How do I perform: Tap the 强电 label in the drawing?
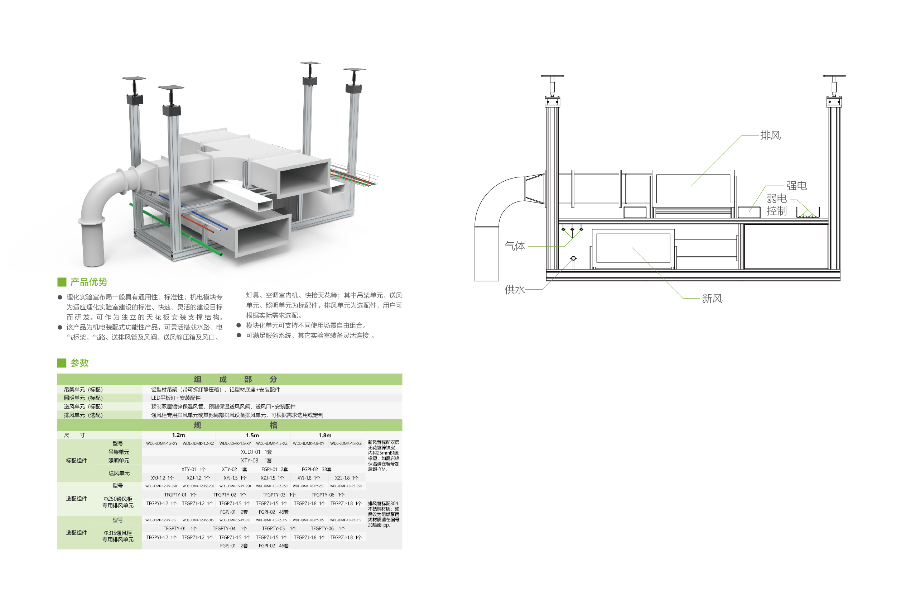pos(796,186)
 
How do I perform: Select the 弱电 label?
pos(776,199)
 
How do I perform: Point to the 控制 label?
pos(776,211)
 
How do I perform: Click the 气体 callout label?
pos(514,246)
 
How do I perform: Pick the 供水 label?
pos(514,290)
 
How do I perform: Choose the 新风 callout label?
pos(712,299)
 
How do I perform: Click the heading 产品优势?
pos(89,282)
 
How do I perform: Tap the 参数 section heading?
pos(79,363)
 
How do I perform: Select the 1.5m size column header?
pos(252,435)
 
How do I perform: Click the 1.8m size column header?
pos(324,435)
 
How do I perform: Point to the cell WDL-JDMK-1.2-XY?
pos(162,444)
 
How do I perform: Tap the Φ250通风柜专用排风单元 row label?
pos(118,502)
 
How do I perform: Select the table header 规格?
pos(235,425)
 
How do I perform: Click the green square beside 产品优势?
pos(62,282)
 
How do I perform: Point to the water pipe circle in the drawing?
pos(573,258)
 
